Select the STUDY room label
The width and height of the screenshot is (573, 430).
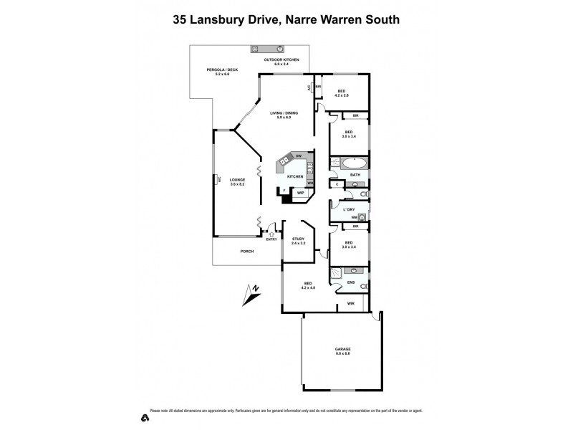[x=298, y=239]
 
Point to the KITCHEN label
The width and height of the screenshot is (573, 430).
[x=295, y=176]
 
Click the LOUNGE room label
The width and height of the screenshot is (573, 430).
[x=238, y=180]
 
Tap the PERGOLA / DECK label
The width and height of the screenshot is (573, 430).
[x=222, y=70]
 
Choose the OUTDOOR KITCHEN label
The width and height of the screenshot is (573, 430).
[x=281, y=60]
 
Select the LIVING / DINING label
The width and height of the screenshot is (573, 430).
[x=284, y=113]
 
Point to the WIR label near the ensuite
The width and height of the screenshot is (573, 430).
[x=350, y=304]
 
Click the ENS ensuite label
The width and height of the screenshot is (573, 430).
[x=350, y=282]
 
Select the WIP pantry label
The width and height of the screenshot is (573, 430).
[x=300, y=193]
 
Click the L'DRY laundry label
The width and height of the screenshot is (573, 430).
[x=349, y=209]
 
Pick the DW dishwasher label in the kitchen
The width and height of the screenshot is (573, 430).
[x=298, y=156]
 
